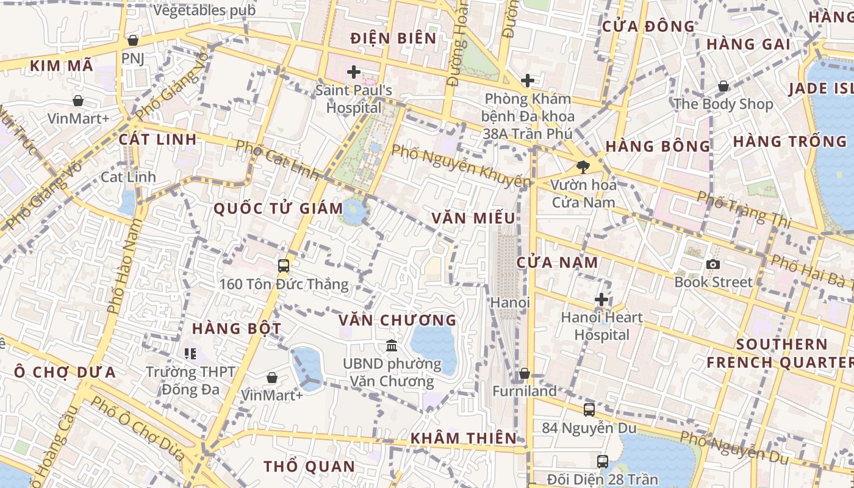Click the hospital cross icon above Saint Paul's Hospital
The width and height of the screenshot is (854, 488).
point(354,73)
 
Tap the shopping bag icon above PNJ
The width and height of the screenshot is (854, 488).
point(132,40)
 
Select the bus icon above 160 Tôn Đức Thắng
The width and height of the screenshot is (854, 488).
point(284,265)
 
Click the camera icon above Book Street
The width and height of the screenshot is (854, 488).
point(712,264)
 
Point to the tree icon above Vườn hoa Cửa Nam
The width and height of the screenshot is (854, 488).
point(583,166)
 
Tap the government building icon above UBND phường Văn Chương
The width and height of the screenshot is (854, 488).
point(392,346)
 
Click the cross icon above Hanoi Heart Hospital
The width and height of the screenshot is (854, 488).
point(601,300)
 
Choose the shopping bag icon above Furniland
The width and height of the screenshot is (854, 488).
point(525,373)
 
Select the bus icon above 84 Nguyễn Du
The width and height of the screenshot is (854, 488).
point(589,410)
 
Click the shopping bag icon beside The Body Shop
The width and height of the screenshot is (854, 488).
point(723,86)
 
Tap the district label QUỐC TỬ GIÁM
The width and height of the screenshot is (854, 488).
point(278,209)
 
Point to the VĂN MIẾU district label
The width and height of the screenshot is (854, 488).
point(473,218)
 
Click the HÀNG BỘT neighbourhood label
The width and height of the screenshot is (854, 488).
point(237,329)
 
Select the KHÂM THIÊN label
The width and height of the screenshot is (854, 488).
point(464,438)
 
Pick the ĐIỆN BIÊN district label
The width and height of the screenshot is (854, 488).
point(393,38)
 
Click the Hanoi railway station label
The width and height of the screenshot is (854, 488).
point(511,303)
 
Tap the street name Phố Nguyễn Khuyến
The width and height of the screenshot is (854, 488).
point(461,166)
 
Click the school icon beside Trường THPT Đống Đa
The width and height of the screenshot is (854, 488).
point(190,353)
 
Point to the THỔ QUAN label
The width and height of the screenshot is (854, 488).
point(309,467)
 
